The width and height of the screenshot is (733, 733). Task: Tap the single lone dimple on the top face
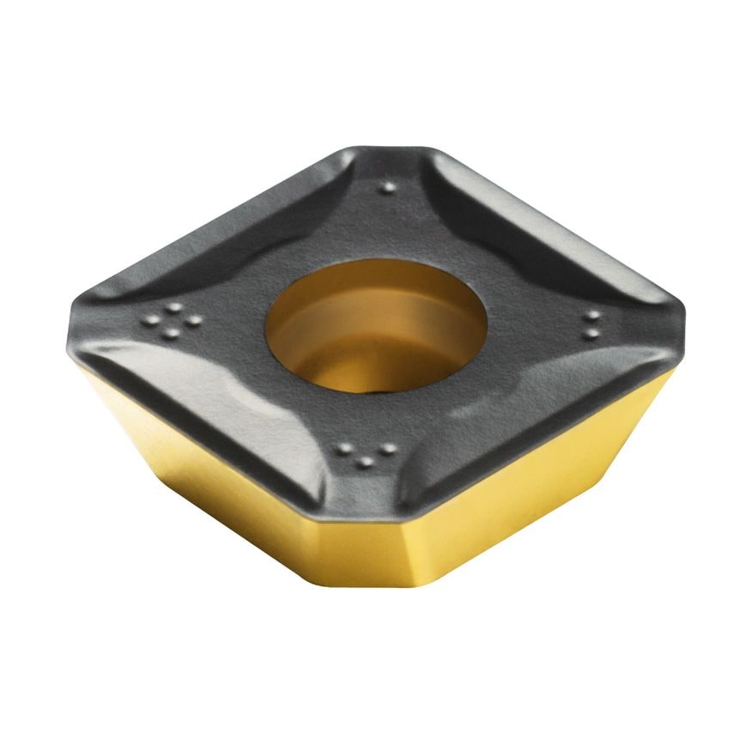[388, 187]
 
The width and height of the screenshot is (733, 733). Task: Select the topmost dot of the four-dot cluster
[174, 306]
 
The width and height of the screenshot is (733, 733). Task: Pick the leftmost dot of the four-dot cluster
[154, 319]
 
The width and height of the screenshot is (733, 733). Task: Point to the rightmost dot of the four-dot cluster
[195, 320]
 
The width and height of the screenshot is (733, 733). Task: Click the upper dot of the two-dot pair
[591, 315]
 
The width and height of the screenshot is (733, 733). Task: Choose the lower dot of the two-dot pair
[591, 333]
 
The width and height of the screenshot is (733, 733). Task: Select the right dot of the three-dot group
[388, 448]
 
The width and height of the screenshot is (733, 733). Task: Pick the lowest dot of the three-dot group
[366, 462]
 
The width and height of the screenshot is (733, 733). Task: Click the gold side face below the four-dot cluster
[197, 481]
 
